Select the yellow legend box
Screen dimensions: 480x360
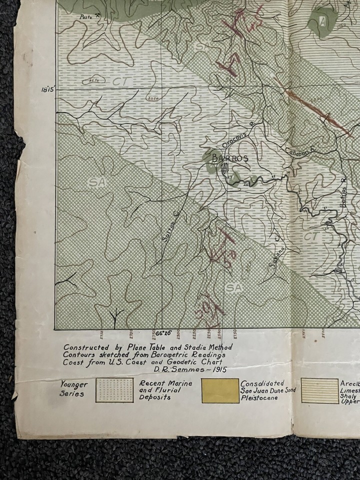click(x=220, y=390)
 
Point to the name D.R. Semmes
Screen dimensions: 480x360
click(x=167, y=369)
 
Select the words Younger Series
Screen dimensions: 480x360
click(x=74, y=388)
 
